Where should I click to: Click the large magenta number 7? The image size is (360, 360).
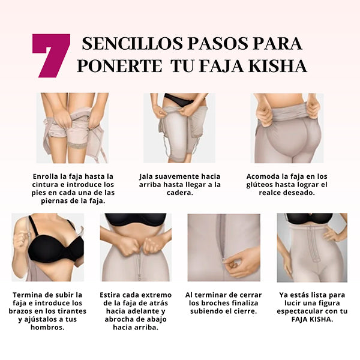coord(51,55)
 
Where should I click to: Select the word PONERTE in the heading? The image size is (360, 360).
coord(119,66)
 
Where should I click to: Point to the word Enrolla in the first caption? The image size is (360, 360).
coord(46,176)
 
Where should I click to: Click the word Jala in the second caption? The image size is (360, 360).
coord(146,176)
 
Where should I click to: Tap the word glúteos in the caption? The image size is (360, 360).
coord(259,185)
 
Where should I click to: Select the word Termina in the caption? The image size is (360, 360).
coord(25,295)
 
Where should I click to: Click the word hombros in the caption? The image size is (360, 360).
coord(47,327)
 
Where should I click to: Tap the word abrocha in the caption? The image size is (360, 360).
coord(118,319)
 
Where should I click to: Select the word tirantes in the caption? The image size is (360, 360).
coord(72,311)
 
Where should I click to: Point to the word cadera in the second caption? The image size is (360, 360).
coord(180,193)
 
